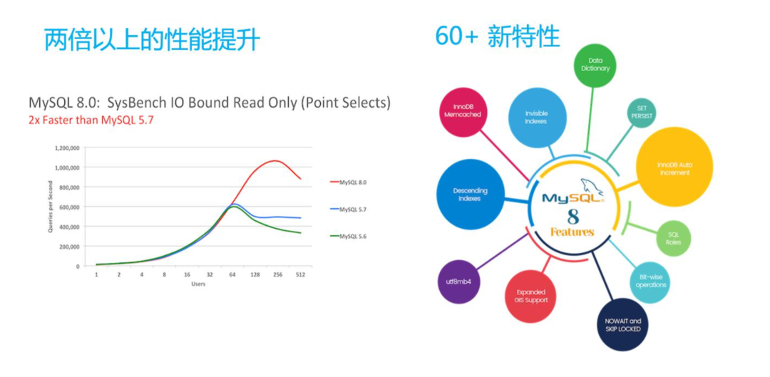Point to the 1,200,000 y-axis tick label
coord(67,148)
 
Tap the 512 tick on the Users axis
coord(300,274)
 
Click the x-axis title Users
coord(198,284)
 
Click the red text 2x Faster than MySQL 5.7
coord(91,120)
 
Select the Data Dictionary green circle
coord(595,65)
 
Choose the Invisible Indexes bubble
coord(536,118)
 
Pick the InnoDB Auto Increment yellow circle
coord(674,167)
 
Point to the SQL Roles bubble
coord(673,237)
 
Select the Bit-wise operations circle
coord(651,280)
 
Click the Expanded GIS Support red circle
coord(531,296)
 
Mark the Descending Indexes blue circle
coord(471,195)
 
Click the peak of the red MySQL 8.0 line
coord(274,160)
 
